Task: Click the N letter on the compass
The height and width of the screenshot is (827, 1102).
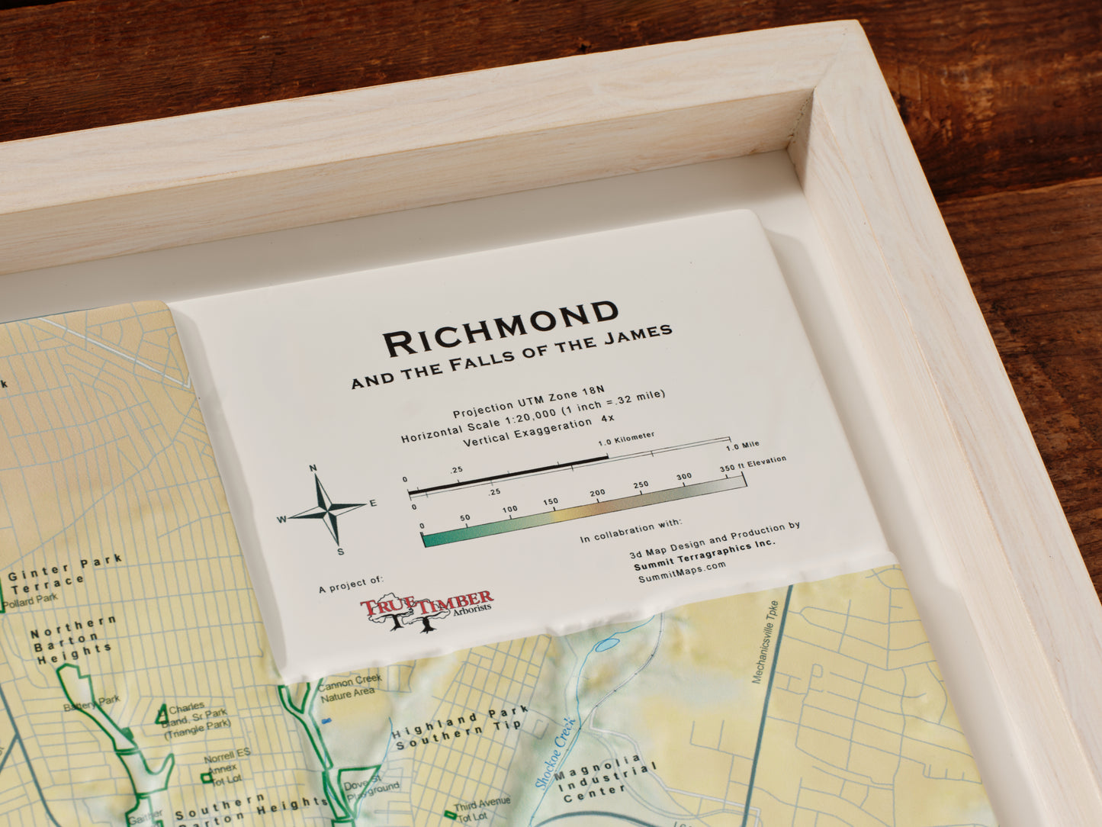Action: (313, 468)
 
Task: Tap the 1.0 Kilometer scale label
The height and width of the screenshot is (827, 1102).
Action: (626, 438)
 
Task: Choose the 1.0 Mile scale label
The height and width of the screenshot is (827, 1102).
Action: (742, 445)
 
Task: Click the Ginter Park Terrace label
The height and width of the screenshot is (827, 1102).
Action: (64, 573)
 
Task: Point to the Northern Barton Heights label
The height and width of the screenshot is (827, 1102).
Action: (73, 639)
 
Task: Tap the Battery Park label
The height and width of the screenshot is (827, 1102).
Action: (92, 703)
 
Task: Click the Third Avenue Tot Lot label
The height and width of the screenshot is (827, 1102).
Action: (480, 810)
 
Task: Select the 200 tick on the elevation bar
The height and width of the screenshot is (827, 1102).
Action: (597, 494)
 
